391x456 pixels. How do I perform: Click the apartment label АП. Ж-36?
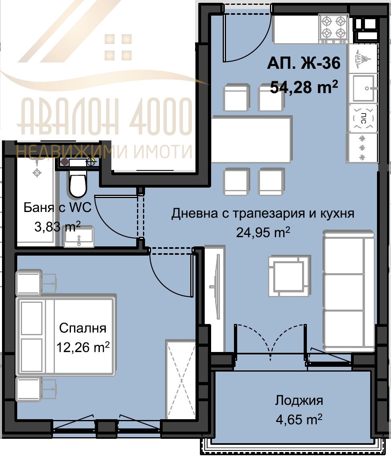304,64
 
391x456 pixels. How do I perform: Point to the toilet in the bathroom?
78,184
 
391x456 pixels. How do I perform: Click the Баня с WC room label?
58,208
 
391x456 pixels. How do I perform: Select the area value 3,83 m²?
58,227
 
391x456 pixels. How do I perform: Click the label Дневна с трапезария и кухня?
263,214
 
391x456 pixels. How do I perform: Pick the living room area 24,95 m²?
263,232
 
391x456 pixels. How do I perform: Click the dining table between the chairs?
251,139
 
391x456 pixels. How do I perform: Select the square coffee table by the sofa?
288,276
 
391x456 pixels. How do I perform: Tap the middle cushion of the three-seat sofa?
349,292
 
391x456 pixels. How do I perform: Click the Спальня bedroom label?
83,328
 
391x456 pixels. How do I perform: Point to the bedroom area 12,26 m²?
83,347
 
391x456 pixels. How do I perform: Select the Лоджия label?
299,400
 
